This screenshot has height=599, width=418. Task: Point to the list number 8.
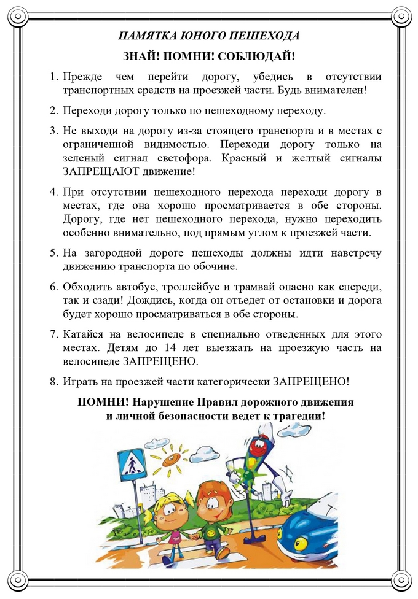click(x=53, y=382)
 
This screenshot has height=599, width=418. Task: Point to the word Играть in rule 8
click(x=81, y=382)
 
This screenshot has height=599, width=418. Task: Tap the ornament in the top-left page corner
click(x=16, y=16)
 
